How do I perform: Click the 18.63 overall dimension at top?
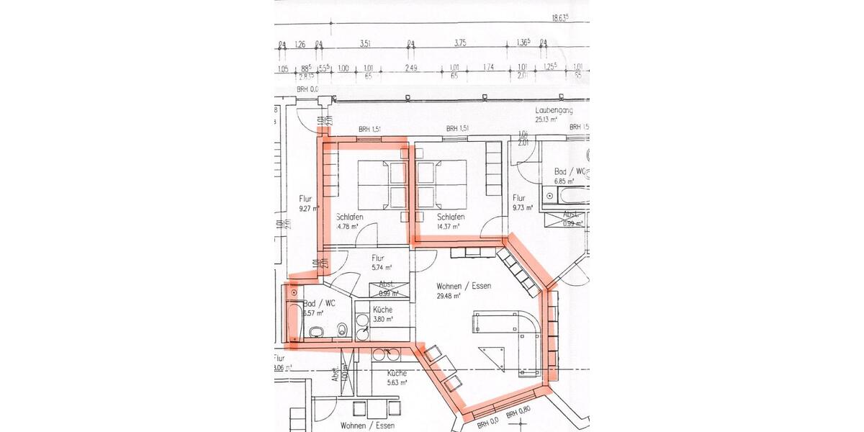(x=560, y=18)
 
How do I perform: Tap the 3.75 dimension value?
(x=460, y=43)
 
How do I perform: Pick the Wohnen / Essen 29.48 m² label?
(x=463, y=290)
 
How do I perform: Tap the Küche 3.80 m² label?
(x=383, y=314)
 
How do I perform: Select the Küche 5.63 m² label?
(x=397, y=378)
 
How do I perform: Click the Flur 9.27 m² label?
(x=309, y=202)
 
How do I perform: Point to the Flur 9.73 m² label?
(x=521, y=202)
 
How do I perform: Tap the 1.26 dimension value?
(x=300, y=43)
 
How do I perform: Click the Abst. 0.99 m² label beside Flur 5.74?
(x=389, y=289)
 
